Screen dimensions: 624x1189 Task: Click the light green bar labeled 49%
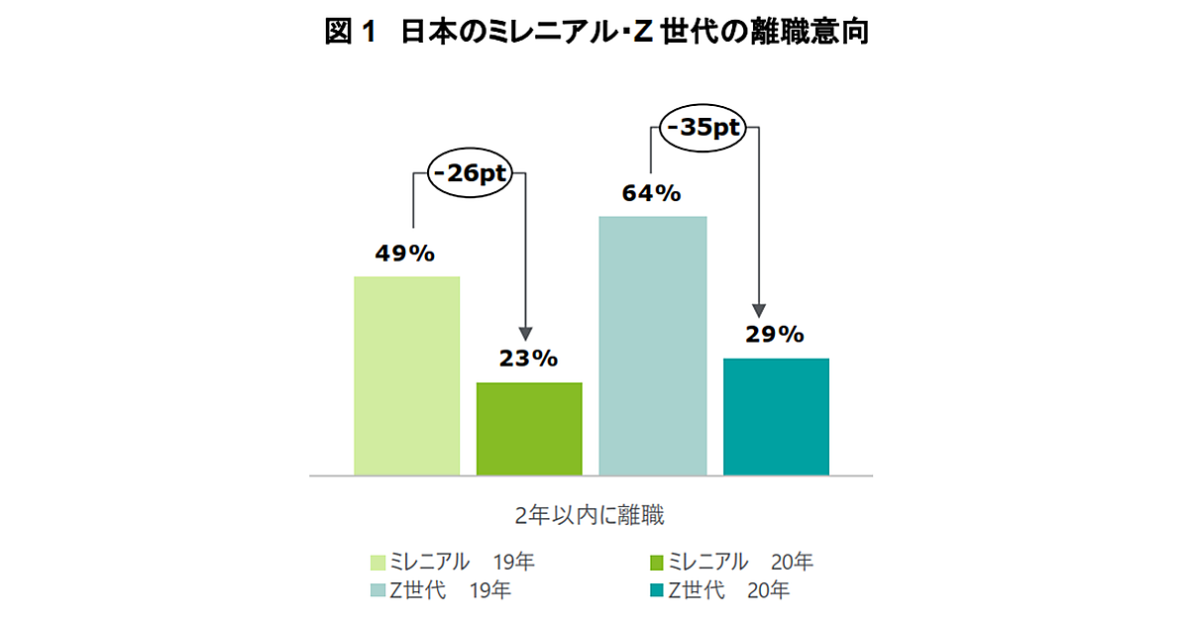[x=407, y=375]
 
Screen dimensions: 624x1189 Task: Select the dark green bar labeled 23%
[x=529, y=428]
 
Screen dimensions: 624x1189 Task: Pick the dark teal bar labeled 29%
[x=776, y=416]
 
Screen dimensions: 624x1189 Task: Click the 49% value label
[x=404, y=254]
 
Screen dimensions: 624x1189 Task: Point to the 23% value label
[x=528, y=359]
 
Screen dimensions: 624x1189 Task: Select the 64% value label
[x=651, y=193]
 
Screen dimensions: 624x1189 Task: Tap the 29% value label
[x=774, y=335]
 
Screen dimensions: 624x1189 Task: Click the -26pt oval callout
[x=468, y=174]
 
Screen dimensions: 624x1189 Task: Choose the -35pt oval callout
[x=703, y=129]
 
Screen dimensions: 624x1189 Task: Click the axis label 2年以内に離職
[x=590, y=515]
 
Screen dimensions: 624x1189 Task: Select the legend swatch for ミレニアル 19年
[x=378, y=563]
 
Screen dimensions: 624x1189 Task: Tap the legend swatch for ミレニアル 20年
[x=656, y=563]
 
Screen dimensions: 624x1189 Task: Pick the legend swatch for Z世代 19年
[x=378, y=591]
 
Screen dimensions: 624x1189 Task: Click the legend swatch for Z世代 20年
[x=656, y=591]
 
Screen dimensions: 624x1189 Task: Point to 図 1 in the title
[x=351, y=33]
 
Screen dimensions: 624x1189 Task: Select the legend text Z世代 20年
[x=729, y=591]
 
